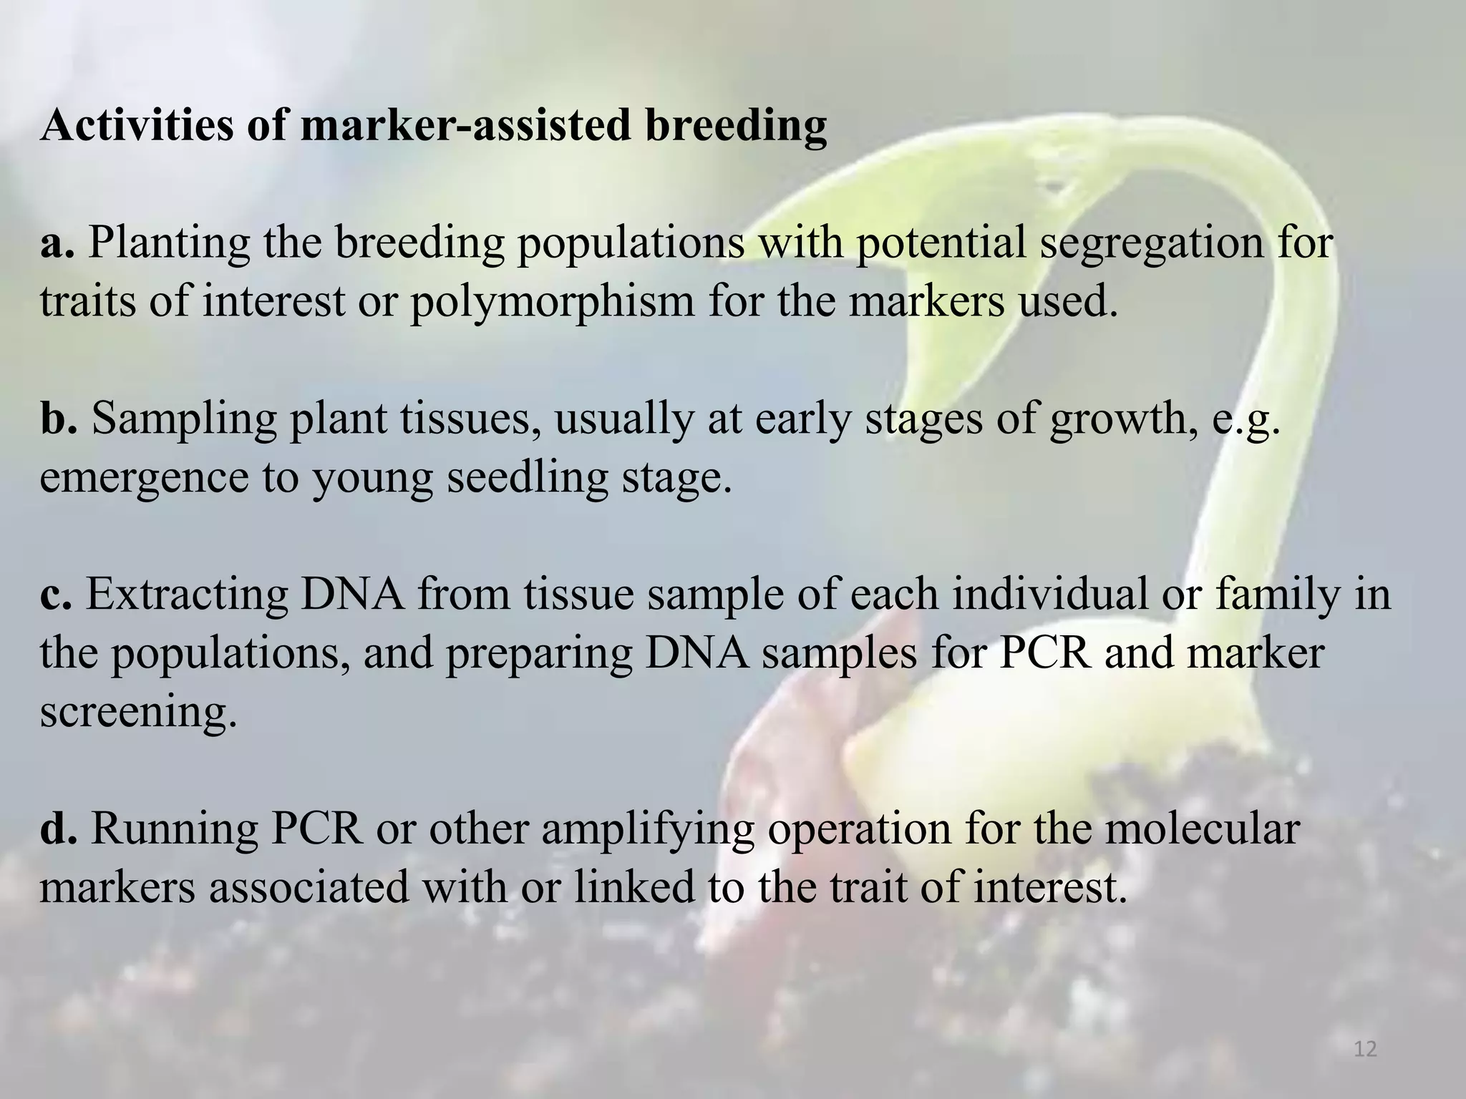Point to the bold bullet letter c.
pyautogui.click(x=56, y=595)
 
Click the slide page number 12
pyautogui.click(x=1366, y=1050)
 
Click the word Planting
pyautogui.click(x=169, y=243)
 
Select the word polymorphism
pyautogui.click(x=552, y=302)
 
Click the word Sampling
pyautogui.click(x=184, y=419)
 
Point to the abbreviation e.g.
pyautogui.click(x=1245, y=419)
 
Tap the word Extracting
pyautogui.click(x=187, y=595)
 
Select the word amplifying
pyautogui.click(x=647, y=829)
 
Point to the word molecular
pyautogui.click(x=1190, y=829)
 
